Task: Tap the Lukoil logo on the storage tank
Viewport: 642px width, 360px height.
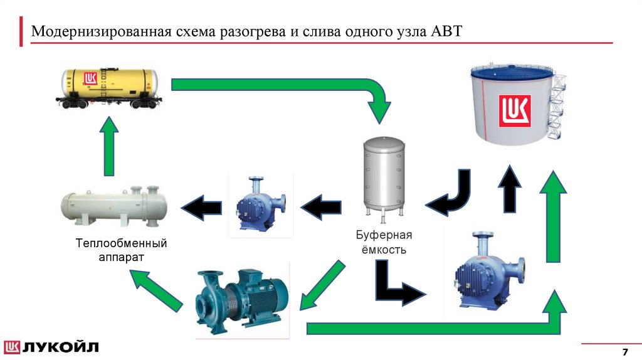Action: pos(514,110)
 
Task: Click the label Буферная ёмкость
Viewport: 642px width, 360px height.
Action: pos(383,242)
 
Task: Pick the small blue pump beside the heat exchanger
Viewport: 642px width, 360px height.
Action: pos(260,205)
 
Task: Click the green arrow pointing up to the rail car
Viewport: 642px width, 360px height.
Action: pos(108,147)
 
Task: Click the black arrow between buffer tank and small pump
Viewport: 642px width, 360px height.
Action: pos(321,206)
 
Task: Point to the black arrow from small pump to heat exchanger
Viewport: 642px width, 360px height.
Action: pos(201,207)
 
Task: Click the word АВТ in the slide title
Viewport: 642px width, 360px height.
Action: pos(446,31)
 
